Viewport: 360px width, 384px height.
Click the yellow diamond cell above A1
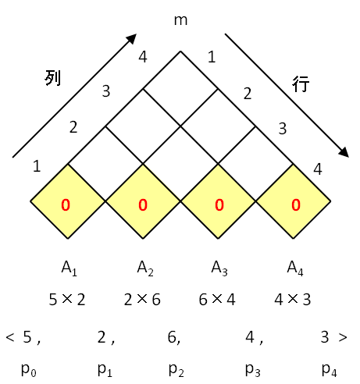point(68,201)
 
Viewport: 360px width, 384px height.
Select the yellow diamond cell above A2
point(143,201)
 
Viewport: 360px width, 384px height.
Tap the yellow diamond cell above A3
point(218,201)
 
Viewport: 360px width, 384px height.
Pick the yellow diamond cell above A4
point(293,201)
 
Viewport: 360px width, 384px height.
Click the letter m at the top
point(180,20)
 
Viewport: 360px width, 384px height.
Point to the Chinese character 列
point(53,77)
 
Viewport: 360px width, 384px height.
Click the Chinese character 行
point(301,84)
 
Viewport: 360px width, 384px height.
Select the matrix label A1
point(69,268)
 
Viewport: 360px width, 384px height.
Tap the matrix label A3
point(219,268)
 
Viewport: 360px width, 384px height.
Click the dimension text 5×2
point(67,300)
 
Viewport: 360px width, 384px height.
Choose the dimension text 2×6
point(142,300)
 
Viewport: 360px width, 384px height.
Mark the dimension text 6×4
point(217,300)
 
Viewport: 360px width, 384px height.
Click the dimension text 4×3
point(292,300)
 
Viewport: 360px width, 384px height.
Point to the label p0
point(29,370)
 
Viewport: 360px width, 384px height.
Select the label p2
point(176,370)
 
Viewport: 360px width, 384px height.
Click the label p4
point(330,370)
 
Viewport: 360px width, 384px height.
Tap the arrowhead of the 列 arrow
point(132,38)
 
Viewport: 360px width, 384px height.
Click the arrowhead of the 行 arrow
point(344,153)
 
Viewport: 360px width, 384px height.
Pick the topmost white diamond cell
point(180,89)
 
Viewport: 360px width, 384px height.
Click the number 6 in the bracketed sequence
point(172,336)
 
